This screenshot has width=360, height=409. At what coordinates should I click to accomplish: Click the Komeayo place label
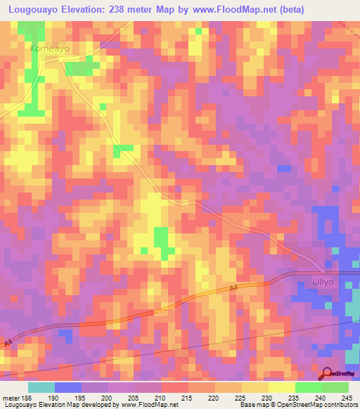48,49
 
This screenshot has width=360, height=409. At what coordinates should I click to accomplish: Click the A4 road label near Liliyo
233,288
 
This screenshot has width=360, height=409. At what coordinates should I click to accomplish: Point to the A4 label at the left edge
8,343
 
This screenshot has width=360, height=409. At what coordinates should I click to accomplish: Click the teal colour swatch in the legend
41,387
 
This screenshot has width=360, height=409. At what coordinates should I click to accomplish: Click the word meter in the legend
8,396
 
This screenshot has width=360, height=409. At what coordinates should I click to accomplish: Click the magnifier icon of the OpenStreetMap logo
326,373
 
